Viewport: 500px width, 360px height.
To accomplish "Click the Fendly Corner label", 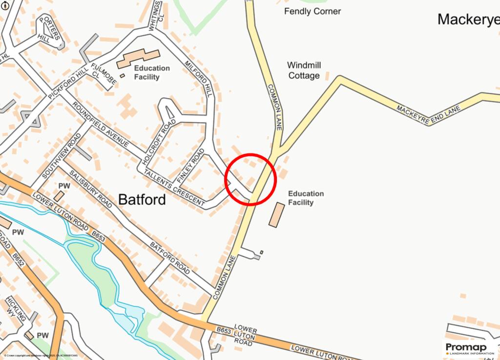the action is (312, 11).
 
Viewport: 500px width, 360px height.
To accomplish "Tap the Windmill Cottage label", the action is (304, 70).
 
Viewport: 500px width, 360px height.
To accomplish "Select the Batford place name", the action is (142, 199).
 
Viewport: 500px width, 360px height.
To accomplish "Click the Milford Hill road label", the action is (199, 78).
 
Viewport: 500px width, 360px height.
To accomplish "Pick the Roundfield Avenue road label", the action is (100, 125).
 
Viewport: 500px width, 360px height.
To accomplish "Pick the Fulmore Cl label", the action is (101, 74).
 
